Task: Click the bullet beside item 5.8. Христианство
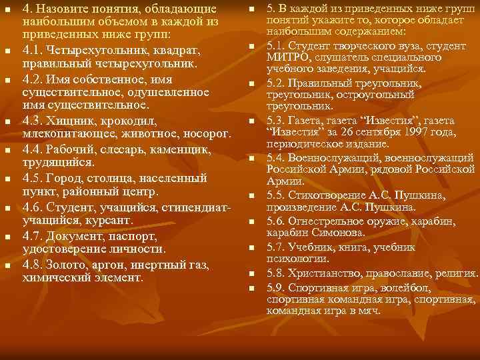click(252, 274)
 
